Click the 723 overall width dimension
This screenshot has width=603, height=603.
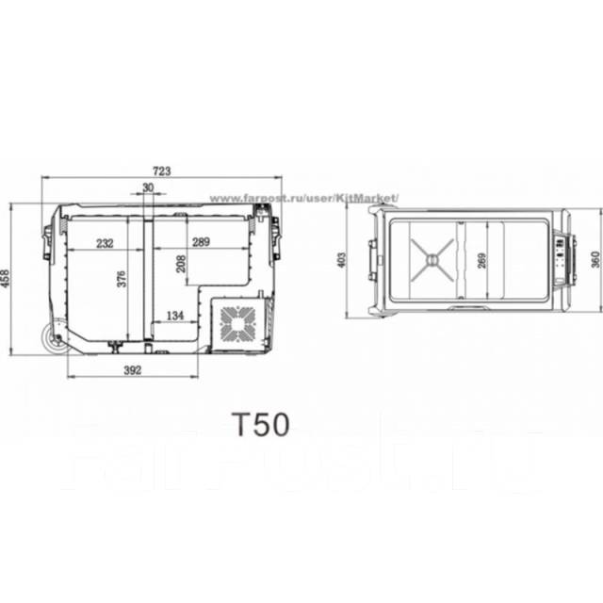(x=161, y=171)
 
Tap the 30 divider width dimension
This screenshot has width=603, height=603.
(x=147, y=187)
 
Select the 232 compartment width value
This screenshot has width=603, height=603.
(x=105, y=243)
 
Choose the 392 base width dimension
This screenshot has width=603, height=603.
(x=132, y=370)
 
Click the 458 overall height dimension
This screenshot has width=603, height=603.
(x=8, y=279)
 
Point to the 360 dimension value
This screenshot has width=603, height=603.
(x=595, y=260)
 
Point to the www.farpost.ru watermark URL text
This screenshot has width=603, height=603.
(x=303, y=199)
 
